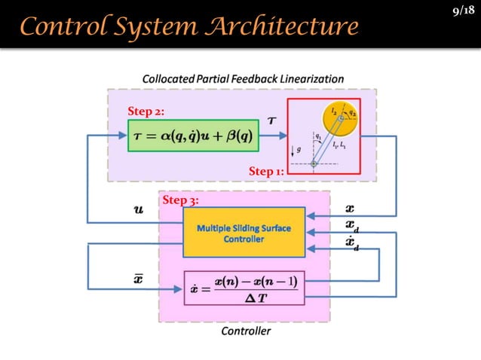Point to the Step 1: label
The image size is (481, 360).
click(x=265, y=172)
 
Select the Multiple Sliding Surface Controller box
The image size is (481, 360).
click(x=244, y=233)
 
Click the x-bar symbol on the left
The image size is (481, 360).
click(x=138, y=279)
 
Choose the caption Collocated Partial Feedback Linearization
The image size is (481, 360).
click(x=243, y=78)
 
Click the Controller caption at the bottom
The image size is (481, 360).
click(x=245, y=331)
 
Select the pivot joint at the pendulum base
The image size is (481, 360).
click(x=314, y=163)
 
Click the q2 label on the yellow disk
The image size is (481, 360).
click(x=352, y=113)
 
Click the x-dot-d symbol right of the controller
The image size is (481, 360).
click(x=351, y=243)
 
